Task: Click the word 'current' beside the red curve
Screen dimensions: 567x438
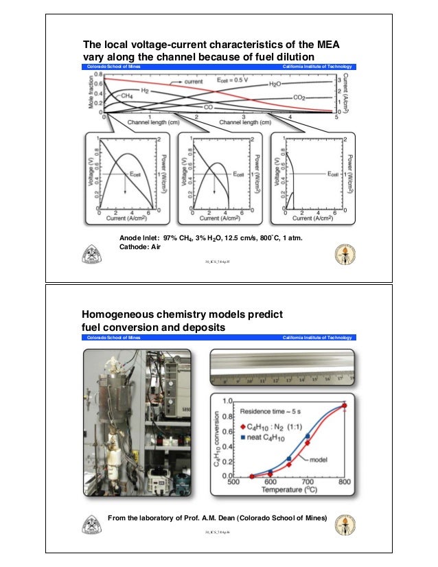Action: (x=194, y=81)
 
